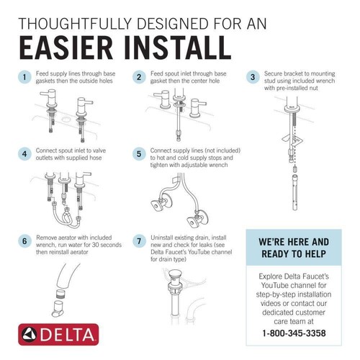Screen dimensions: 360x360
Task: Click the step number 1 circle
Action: click(x=24, y=77)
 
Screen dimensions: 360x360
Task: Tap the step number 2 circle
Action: click(x=138, y=77)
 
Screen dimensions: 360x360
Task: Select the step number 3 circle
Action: click(x=253, y=77)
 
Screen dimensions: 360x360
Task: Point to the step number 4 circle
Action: click(x=24, y=154)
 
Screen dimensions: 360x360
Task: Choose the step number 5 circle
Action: click(x=138, y=154)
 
